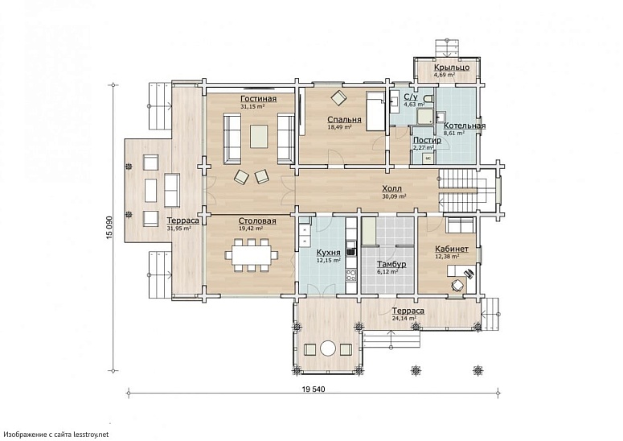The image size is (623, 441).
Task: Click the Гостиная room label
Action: [x=259, y=99]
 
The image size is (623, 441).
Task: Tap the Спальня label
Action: [x=345, y=119]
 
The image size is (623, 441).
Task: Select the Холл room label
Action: [x=392, y=188]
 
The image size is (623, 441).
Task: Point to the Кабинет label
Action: [x=452, y=249]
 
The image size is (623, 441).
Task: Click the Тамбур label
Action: [x=391, y=264]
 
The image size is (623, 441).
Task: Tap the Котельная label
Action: [x=465, y=126]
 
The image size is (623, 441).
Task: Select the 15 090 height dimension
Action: [x=109, y=228]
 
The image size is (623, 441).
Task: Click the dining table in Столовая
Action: [x=252, y=255]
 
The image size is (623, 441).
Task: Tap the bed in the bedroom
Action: [x=375, y=111]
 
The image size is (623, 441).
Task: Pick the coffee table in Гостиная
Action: [x=259, y=137]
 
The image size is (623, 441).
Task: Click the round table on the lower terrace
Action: [x=328, y=348]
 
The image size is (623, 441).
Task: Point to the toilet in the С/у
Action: [x=428, y=98]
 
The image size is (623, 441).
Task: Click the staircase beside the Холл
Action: [x=460, y=190]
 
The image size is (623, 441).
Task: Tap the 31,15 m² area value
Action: [x=252, y=106]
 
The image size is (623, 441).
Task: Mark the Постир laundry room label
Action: [x=427, y=140]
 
